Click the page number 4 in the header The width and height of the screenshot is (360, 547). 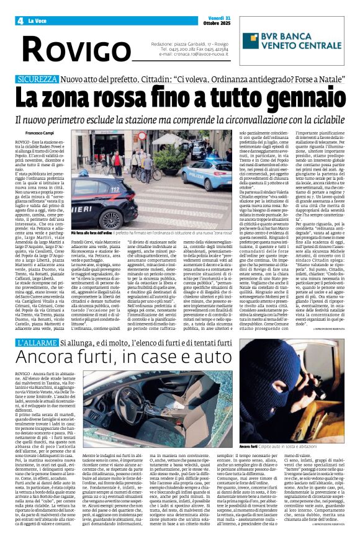point(20,20)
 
